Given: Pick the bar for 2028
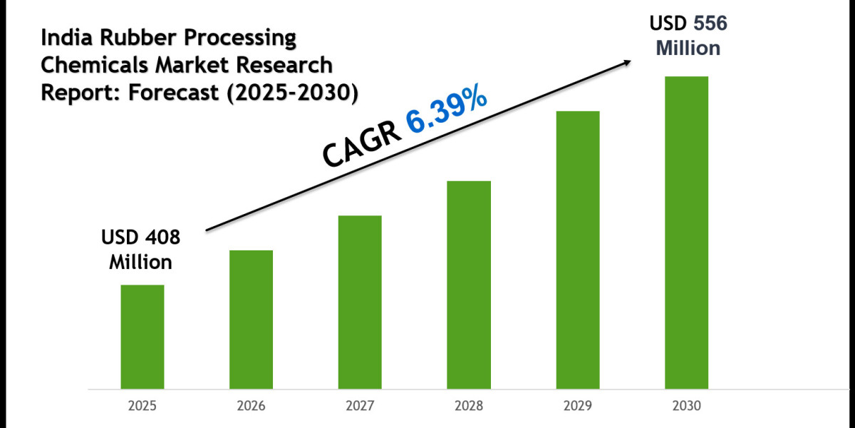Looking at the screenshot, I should (469, 285).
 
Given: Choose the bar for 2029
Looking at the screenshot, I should (578, 250).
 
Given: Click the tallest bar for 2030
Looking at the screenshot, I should (687, 232).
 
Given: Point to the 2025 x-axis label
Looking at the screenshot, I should (142, 406).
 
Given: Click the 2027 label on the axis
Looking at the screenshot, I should (360, 406).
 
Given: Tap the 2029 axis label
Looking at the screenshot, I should (578, 406).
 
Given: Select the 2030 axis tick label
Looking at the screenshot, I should (687, 406).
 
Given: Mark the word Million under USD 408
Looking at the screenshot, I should (140, 262).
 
